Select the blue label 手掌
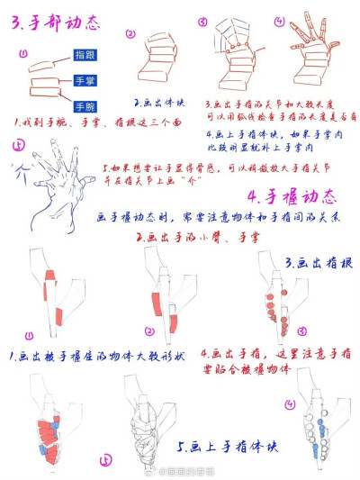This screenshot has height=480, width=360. (86, 80)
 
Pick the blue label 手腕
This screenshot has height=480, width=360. (86, 106)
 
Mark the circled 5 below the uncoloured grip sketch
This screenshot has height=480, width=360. (107, 458)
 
